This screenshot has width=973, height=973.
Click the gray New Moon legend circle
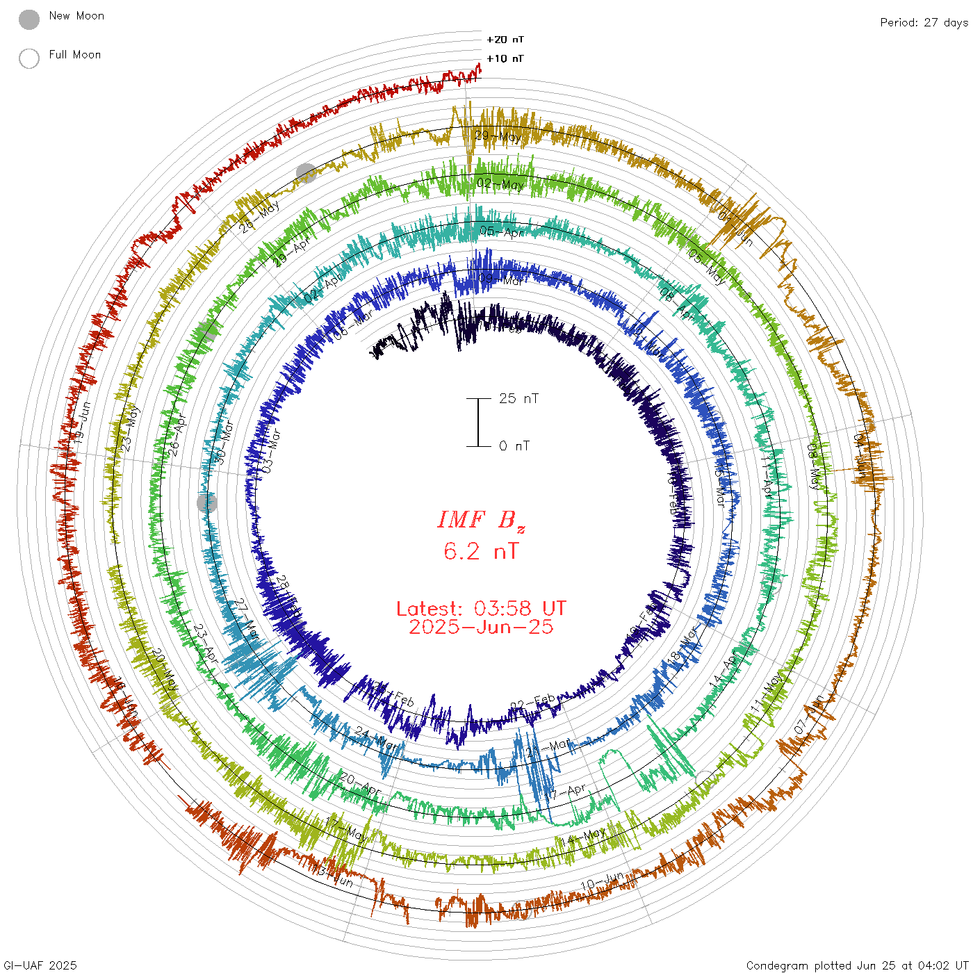click(x=29, y=20)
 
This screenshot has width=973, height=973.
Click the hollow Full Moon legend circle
click(x=29, y=58)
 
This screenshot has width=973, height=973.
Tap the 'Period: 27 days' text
click(x=924, y=22)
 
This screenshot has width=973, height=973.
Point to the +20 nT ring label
click(x=505, y=40)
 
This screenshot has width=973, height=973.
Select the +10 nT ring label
click(x=505, y=58)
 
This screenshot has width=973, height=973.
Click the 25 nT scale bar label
click(x=518, y=398)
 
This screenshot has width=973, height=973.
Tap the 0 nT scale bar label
click(x=514, y=446)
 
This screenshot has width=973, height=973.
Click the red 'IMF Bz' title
click(x=481, y=521)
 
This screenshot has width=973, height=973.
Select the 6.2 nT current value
click(x=481, y=552)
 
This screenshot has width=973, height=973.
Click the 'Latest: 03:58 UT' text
click(x=481, y=609)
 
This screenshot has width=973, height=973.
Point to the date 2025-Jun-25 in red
click(x=481, y=627)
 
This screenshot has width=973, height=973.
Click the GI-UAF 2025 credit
click(x=39, y=965)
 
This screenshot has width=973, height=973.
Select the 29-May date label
click(x=498, y=136)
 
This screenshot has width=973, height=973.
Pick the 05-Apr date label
click(x=502, y=231)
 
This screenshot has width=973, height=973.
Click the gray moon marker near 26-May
click(x=306, y=173)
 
